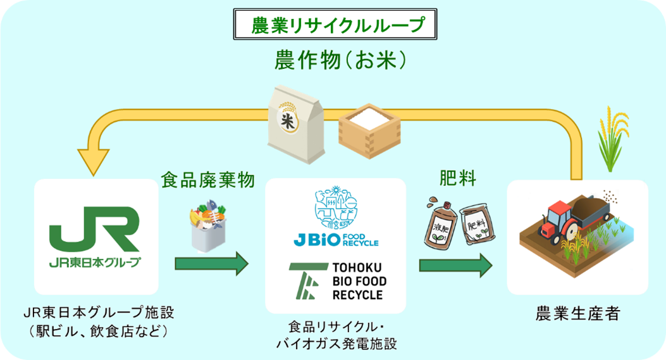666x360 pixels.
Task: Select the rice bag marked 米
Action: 295,121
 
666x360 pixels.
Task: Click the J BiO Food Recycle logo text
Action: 335,240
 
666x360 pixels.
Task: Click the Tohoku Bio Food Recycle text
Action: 357,281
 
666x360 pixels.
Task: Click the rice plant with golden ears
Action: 611,140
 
